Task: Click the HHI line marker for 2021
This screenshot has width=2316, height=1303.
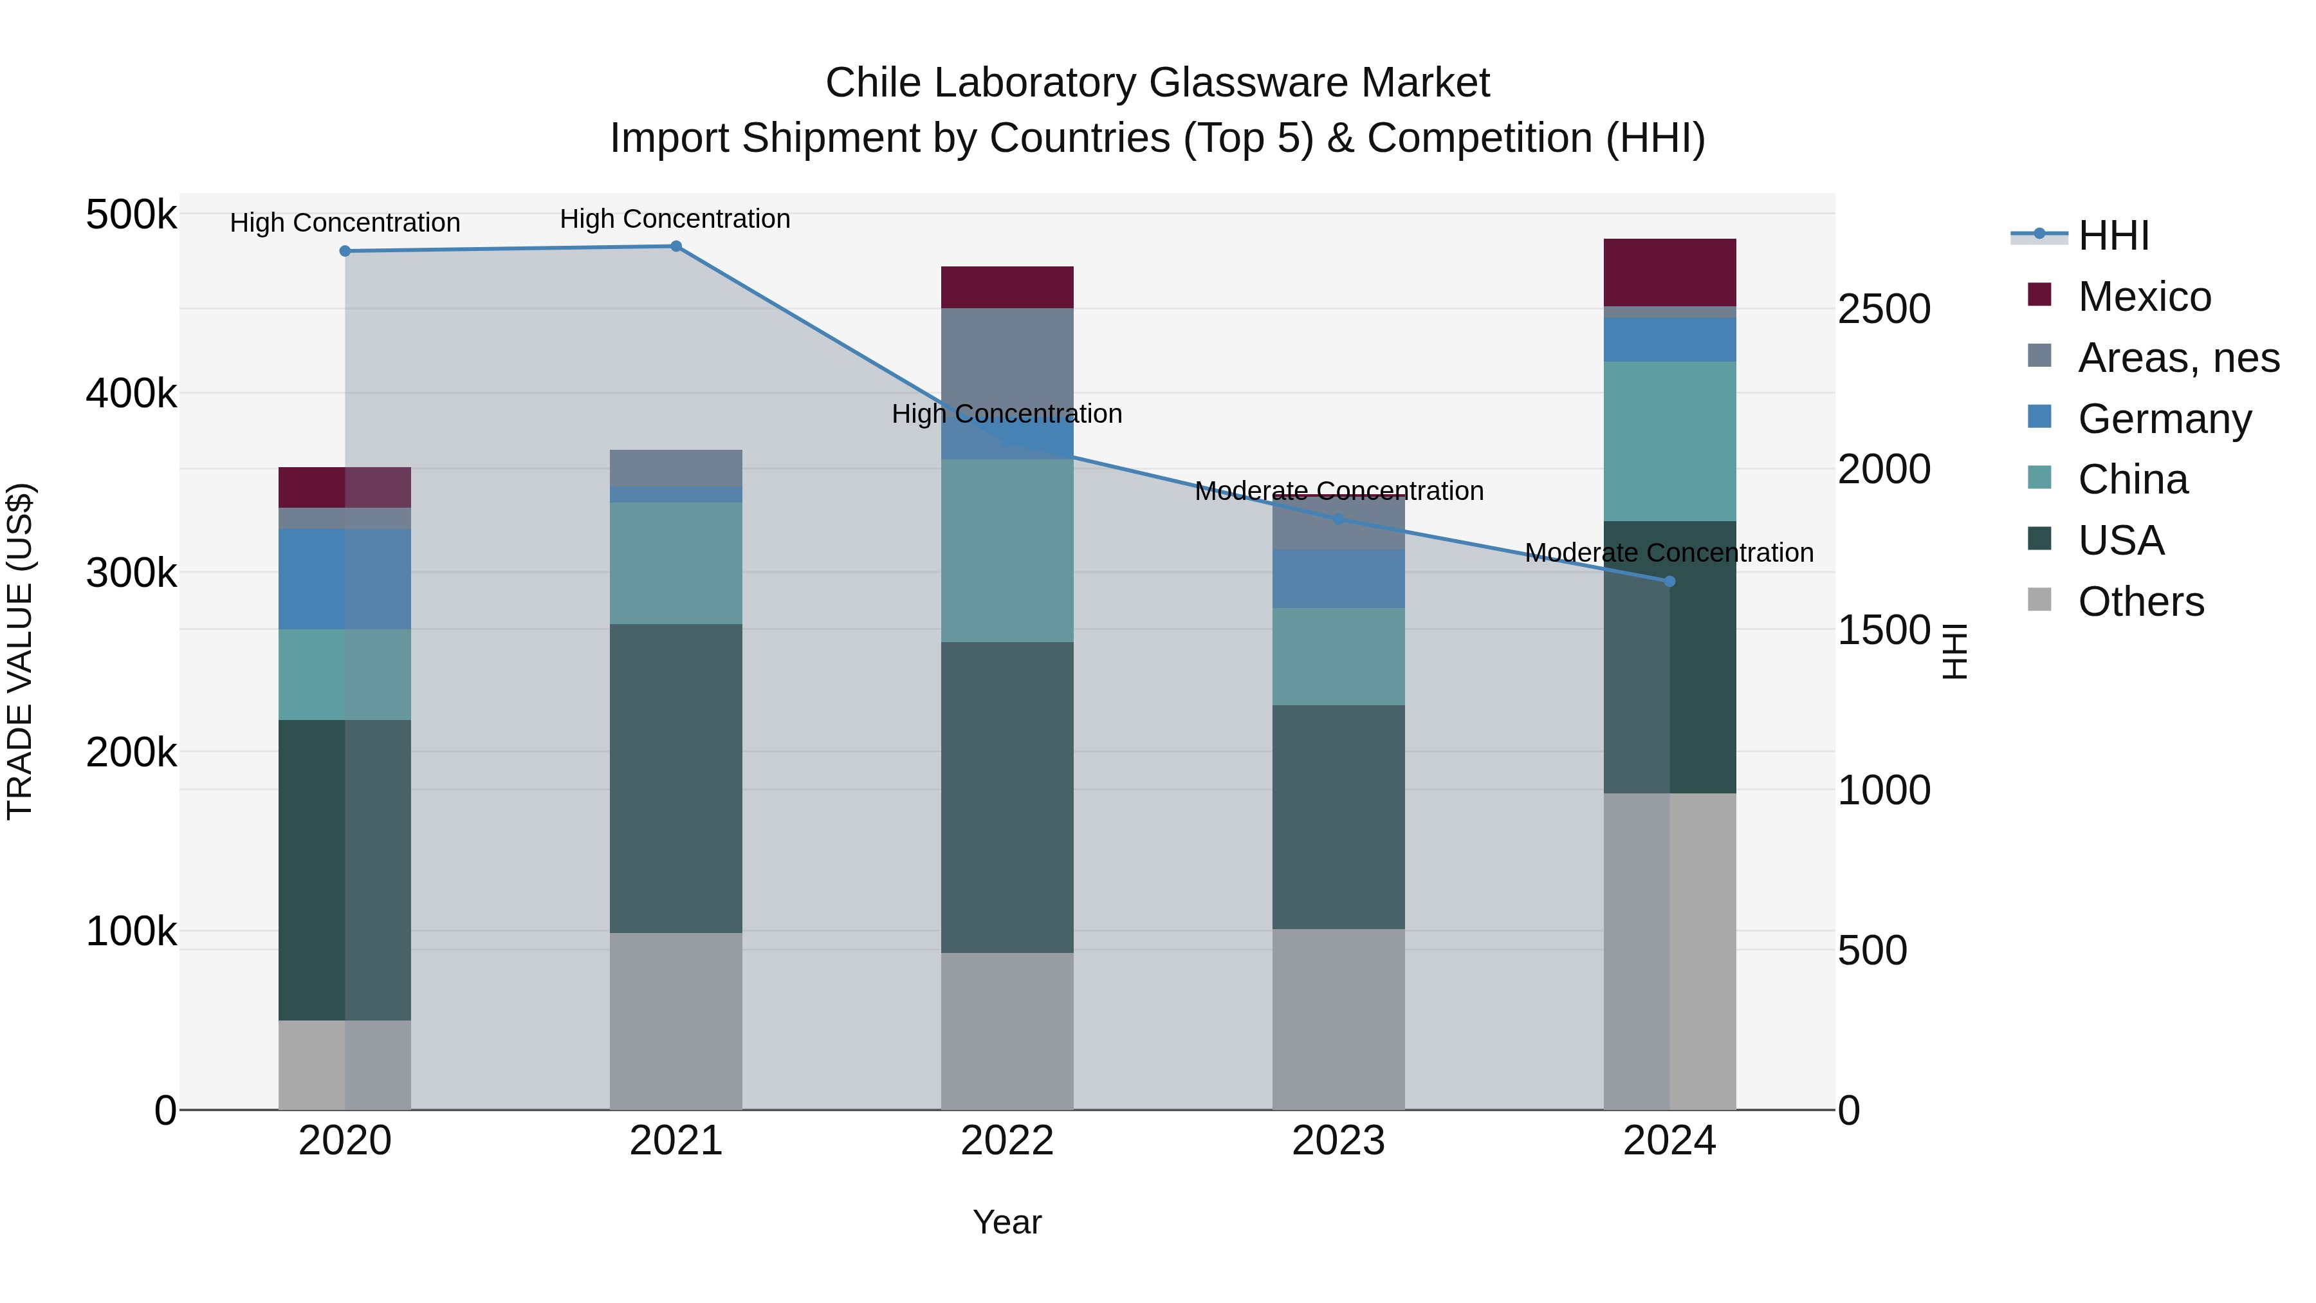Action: (x=676, y=246)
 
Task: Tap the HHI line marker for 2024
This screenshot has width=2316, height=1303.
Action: (x=1669, y=582)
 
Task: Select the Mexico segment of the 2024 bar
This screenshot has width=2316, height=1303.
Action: (x=1669, y=272)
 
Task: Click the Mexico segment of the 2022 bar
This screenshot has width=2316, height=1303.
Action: (x=1007, y=288)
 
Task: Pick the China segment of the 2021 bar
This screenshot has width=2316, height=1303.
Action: (x=676, y=563)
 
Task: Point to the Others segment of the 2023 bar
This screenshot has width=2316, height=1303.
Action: (x=1338, y=1019)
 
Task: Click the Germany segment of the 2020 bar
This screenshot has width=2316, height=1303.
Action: (x=344, y=578)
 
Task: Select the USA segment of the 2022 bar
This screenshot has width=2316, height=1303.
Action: (x=1007, y=797)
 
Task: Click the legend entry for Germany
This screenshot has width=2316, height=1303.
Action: (x=2164, y=419)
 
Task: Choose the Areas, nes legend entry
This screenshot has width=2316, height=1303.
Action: (x=2178, y=358)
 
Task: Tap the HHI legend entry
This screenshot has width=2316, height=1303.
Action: (x=2113, y=236)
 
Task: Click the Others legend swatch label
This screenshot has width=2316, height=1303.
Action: (x=2140, y=602)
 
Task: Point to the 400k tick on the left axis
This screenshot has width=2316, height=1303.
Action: (x=131, y=394)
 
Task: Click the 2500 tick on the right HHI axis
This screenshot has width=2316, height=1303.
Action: (x=1884, y=310)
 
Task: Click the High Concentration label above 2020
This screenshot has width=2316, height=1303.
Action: (x=344, y=223)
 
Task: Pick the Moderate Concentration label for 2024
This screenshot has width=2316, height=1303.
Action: (x=1669, y=553)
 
